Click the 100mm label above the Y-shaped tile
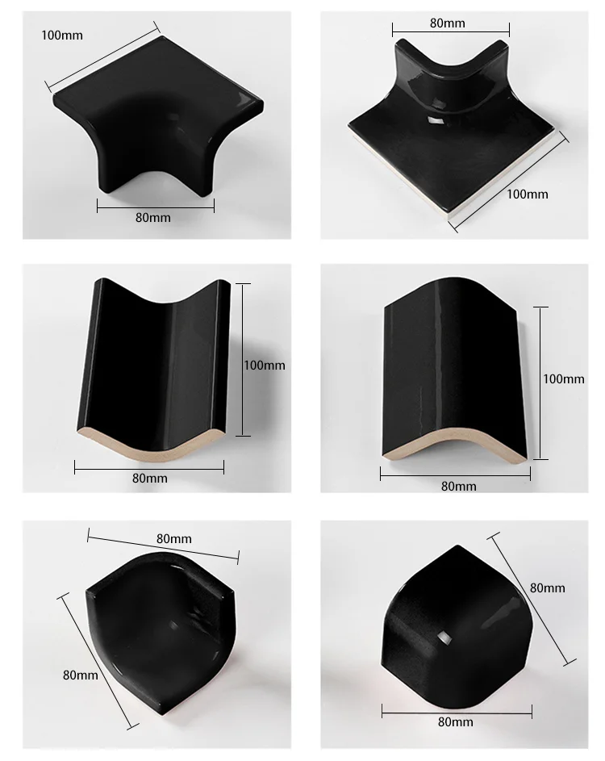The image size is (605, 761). (62, 36)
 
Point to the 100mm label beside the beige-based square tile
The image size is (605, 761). (528, 194)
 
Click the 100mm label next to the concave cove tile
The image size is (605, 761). (265, 365)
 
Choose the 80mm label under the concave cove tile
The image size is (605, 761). (150, 478)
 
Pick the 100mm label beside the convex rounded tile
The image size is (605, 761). (564, 378)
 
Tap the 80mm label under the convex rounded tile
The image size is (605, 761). (458, 486)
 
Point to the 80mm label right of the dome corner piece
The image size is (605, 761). (548, 588)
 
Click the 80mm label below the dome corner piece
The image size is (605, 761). (456, 724)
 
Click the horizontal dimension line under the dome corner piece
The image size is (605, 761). (456, 712)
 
